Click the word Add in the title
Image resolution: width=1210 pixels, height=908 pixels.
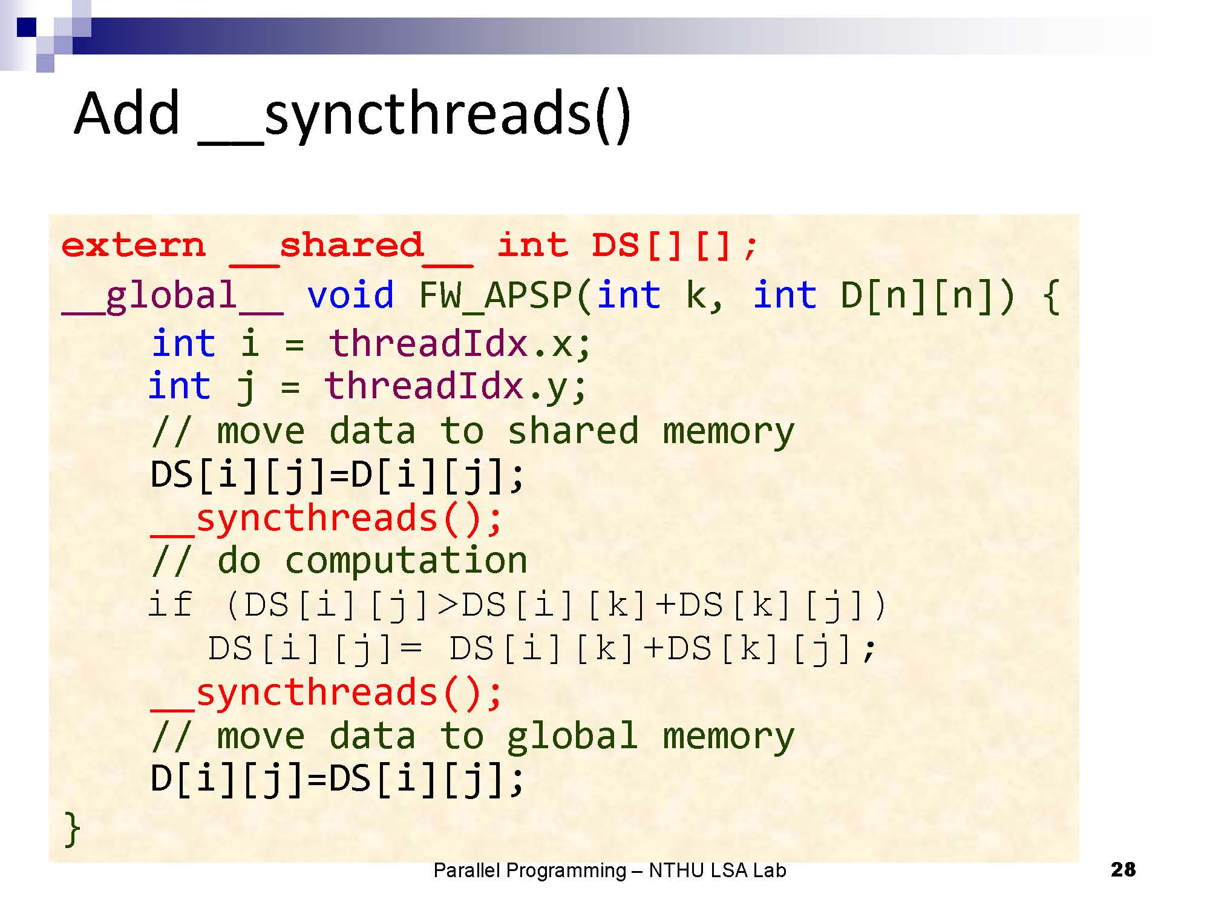(127, 113)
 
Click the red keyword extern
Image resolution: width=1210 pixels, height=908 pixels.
(134, 246)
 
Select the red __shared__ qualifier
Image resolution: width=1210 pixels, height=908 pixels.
(351, 247)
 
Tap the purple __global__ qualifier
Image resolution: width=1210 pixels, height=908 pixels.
(172, 297)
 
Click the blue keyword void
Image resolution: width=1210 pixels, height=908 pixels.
(350, 295)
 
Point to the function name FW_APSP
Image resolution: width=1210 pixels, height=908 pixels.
(496, 296)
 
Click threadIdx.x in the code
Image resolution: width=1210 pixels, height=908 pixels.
(459, 343)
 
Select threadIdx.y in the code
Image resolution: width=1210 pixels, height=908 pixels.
(455, 386)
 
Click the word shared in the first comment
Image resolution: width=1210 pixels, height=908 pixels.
(572, 431)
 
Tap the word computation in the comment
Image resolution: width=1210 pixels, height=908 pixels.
(406, 560)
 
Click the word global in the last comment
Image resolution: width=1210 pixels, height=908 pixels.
(572, 736)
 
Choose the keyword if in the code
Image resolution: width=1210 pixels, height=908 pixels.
(171, 604)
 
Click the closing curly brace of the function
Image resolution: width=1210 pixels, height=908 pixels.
(72, 828)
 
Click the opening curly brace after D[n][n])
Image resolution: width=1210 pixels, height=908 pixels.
(1051, 296)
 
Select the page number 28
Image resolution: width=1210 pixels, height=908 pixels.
(1123, 870)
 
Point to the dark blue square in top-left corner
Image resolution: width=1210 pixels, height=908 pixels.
(26, 27)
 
